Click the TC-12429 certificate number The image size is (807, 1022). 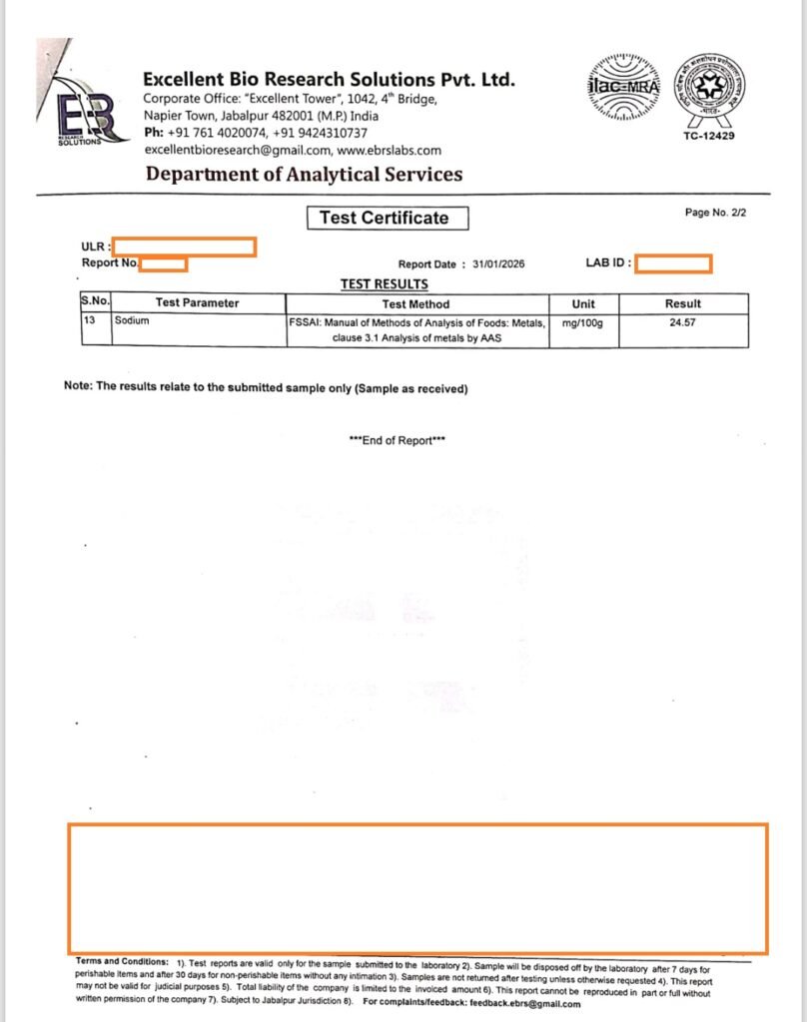pyautogui.click(x=708, y=136)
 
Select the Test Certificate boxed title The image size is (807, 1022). pyautogui.click(x=384, y=218)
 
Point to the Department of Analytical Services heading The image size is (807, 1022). pyautogui.click(x=304, y=175)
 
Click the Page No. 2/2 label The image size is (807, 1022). pyautogui.click(x=715, y=213)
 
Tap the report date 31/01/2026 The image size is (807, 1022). pyautogui.click(x=498, y=264)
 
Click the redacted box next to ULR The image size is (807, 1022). pyautogui.click(x=184, y=247)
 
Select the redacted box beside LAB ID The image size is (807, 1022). pyautogui.click(x=673, y=263)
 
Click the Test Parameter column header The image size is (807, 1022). pyautogui.click(x=198, y=303)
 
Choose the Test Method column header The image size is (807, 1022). pyautogui.click(x=415, y=303)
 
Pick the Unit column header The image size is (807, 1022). pyautogui.click(x=583, y=303)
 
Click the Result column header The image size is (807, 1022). pyautogui.click(x=683, y=303)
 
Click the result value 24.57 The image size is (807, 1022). pyautogui.click(x=683, y=322)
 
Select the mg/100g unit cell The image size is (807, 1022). pyautogui.click(x=583, y=322)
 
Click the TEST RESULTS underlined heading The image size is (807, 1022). pyautogui.click(x=384, y=284)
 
